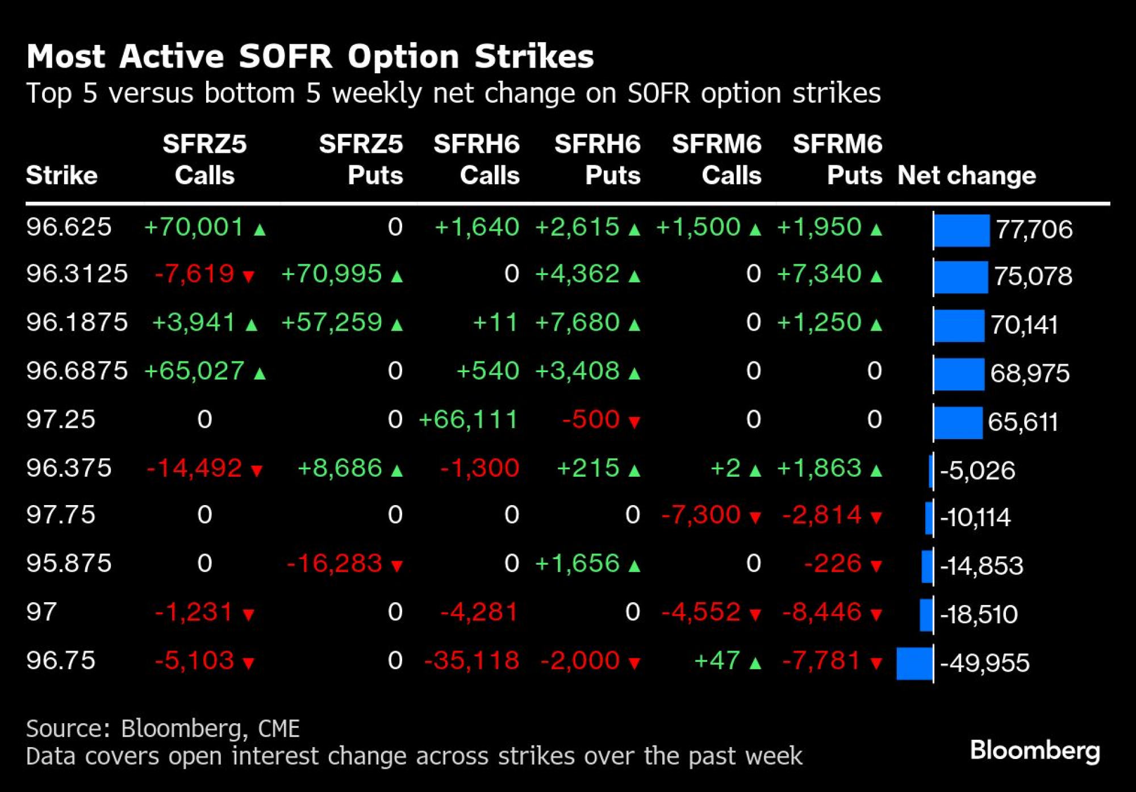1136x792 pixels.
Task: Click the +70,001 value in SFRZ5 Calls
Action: click(x=194, y=227)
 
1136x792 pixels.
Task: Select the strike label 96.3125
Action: click(x=77, y=274)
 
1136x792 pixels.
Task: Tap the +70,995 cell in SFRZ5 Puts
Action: click(x=332, y=274)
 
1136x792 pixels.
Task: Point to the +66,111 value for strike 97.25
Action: click(x=469, y=420)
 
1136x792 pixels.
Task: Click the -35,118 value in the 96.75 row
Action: click(x=472, y=661)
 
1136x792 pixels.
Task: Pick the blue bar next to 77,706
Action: click(x=962, y=230)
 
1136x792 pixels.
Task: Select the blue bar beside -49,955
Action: click(x=914, y=663)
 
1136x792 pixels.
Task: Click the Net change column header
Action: click(x=966, y=176)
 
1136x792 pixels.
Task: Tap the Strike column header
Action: click(x=61, y=176)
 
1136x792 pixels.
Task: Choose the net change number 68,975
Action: click(x=1030, y=373)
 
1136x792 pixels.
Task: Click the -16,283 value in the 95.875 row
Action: click(x=335, y=564)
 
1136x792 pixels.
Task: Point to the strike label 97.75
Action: click(x=61, y=515)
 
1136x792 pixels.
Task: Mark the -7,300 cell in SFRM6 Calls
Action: click(x=701, y=515)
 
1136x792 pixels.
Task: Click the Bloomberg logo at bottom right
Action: click(x=1035, y=751)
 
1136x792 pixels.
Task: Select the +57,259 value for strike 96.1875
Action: click(x=332, y=323)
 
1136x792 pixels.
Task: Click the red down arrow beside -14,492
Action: click(x=257, y=470)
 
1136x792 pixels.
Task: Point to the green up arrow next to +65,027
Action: click(x=260, y=373)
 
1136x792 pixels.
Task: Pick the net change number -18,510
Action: click(x=979, y=615)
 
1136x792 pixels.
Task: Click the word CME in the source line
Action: click(x=278, y=729)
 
